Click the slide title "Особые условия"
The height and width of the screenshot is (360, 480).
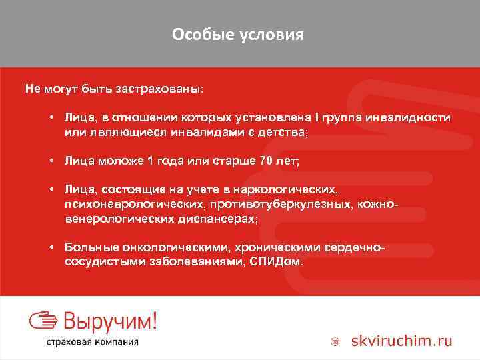coord(238,34)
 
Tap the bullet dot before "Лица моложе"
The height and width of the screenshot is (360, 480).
coord(51,161)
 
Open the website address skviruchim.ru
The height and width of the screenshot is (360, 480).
coord(404,341)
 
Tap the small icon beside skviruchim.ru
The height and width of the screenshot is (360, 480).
coord(337,342)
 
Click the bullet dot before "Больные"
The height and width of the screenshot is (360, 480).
coord(51,247)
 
